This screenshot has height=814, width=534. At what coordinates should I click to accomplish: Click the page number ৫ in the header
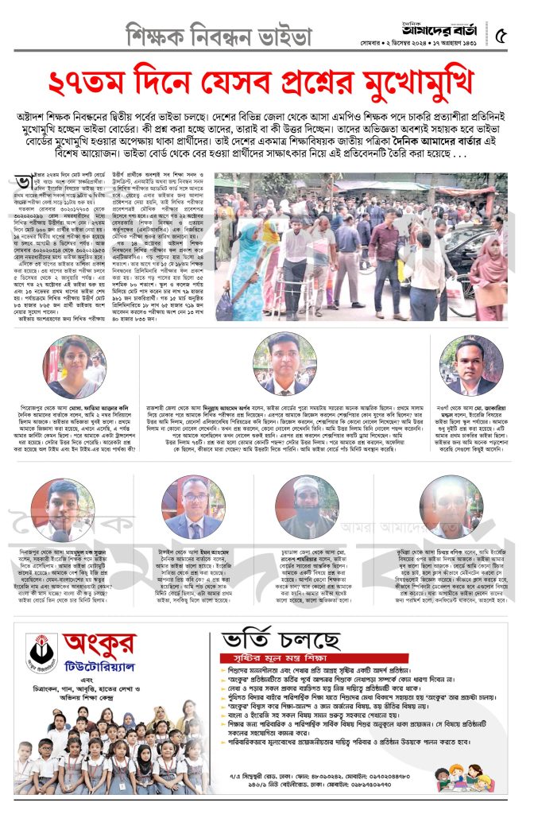[501, 36]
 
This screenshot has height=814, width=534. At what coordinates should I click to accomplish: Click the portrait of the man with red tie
[284, 366]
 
